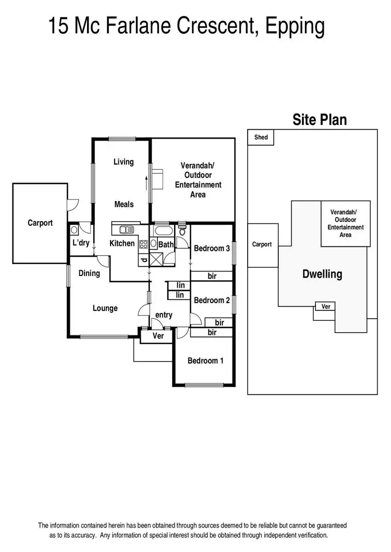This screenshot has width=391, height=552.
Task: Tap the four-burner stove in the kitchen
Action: (x=143, y=243)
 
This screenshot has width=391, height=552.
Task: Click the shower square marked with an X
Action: (x=156, y=257)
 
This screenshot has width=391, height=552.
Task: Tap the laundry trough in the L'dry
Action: (x=74, y=230)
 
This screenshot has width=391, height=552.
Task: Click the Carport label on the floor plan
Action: (x=40, y=223)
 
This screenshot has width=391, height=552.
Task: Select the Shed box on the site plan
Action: (x=261, y=137)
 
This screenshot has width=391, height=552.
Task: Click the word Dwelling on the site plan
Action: (x=322, y=274)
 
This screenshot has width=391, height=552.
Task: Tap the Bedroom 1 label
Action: (x=205, y=360)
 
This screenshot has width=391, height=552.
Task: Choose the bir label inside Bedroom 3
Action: (x=212, y=276)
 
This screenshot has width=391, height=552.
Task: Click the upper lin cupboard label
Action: (x=180, y=285)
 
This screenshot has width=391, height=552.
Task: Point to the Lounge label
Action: (x=105, y=308)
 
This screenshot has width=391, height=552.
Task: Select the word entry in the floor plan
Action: (x=164, y=315)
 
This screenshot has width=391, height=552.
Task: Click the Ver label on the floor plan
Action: (x=158, y=336)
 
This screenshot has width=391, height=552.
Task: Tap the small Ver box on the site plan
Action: (x=326, y=307)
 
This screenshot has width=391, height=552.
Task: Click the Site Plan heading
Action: (x=319, y=120)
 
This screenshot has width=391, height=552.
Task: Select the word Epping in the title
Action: (x=295, y=26)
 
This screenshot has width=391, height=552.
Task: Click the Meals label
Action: (x=124, y=204)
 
